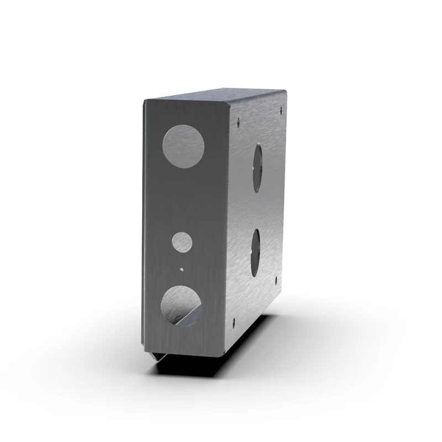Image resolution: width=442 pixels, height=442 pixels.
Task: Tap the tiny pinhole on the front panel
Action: tap(182, 269)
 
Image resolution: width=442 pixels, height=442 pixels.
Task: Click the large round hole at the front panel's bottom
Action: tap(181, 306)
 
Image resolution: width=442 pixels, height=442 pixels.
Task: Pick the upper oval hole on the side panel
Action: tap(257, 167)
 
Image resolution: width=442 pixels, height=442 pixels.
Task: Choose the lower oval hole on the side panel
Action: tap(255, 253)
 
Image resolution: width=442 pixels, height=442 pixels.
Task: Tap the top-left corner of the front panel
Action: tap(145, 99)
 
